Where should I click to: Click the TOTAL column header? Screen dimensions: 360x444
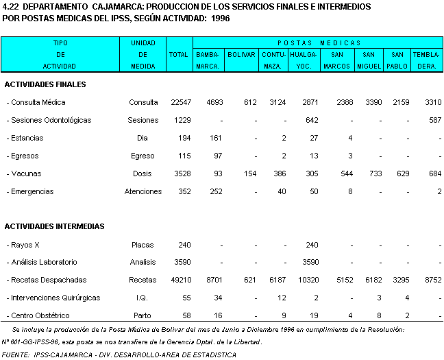tap(178, 54)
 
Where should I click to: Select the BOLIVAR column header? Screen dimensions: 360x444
tap(241, 54)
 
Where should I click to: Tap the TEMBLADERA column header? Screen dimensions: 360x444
tap(426, 60)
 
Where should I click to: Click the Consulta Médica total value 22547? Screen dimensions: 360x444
tap(181, 102)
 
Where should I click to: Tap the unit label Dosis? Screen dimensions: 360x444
tap(143, 173)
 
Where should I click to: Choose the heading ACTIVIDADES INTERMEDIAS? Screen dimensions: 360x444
tap(55, 226)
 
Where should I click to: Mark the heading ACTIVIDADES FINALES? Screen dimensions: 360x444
tap(45, 84)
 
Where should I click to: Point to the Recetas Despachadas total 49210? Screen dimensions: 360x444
tap(181, 280)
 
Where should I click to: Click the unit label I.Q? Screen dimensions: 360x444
tap(143, 298)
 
